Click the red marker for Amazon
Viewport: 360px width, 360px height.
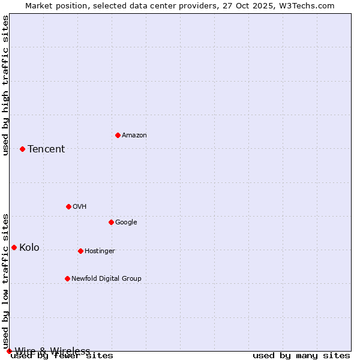tap(118, 135)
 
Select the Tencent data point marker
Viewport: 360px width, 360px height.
tap(22, 149)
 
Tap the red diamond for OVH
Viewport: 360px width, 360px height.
tap(68, 206)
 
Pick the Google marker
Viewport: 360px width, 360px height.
tap(111, 222)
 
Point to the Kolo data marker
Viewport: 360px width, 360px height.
tap(14, 247)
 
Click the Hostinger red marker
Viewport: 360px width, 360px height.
tap(80, 251)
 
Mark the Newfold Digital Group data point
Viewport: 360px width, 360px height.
tap(67, 278)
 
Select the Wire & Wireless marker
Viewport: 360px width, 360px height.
tap(9, 351)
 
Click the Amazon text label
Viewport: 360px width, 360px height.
tap(134, 136)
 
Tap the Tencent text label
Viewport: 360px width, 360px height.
tap(46, 149)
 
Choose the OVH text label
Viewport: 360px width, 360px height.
tap(80, 207)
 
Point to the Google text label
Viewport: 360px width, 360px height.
tap(126, 223)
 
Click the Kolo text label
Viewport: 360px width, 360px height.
tap(29, 248)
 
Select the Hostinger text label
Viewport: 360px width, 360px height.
tap(100, 251)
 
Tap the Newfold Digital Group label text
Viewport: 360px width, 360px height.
tap(106, 279)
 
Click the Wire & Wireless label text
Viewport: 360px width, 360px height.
tap(53, 351)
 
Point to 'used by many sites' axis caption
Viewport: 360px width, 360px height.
tap(301, 356)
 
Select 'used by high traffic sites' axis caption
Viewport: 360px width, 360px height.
tap(6, 85)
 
